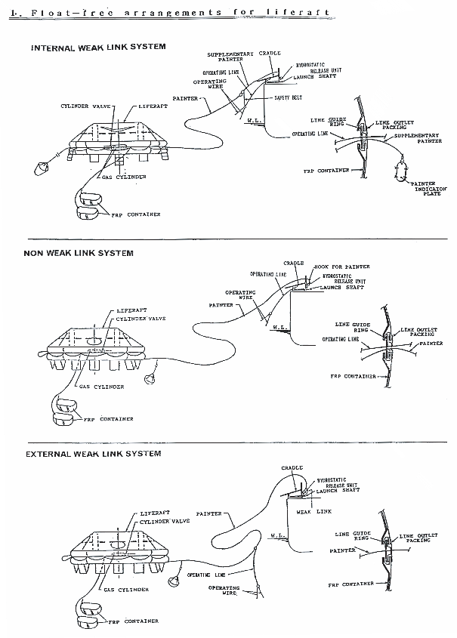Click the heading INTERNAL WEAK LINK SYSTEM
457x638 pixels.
click(x=98, y=47)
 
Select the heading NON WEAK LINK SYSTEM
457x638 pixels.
click(x=79, y=253)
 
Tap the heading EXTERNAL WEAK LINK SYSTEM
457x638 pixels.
click(x=93, y=454)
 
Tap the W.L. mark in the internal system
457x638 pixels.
click(x=255, y=119)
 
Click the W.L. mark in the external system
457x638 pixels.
click(x=276, y=539)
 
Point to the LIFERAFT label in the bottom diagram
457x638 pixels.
click(x=155, y=513)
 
